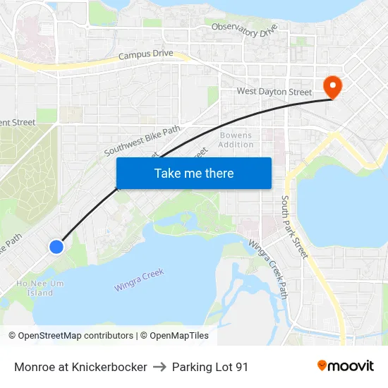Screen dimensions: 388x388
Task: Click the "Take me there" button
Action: coord(193,173)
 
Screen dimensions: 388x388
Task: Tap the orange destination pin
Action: coord(332,87)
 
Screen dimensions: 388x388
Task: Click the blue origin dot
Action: coord(56,246)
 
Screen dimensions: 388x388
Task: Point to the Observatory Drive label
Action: coord(245,30)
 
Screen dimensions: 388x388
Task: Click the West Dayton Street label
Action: coord(274,92)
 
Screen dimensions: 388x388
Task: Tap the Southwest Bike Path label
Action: coord(142,140)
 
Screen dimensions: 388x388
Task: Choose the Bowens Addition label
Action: coord(236,140)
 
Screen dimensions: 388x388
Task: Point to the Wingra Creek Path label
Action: coord(268,269)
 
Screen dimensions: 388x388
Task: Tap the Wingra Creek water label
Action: coord(139,280)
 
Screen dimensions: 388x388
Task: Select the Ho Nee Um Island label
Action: coord(35,288)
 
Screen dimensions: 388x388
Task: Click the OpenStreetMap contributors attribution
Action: coord(71,336)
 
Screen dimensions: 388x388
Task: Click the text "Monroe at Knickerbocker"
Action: coord(80,367)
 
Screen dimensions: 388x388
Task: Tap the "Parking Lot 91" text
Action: coord(210,367)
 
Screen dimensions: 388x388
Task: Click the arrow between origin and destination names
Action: coord(159,367)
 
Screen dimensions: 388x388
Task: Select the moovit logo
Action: coord(345,366)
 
